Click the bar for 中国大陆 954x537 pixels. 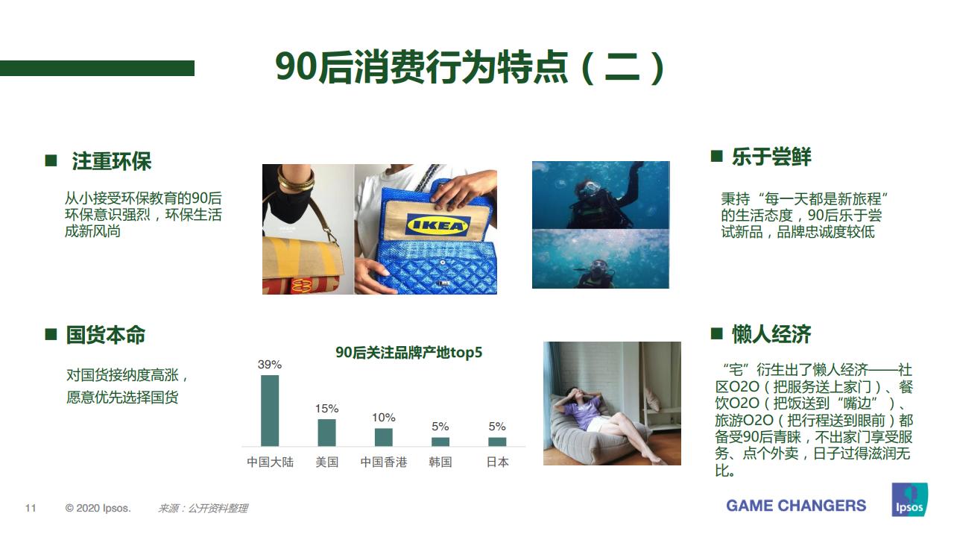point(270,410)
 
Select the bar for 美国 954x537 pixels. point(326,433)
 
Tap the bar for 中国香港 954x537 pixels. point(383,437)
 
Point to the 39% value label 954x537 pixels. point(270,365)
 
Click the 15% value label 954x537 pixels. point(326,409)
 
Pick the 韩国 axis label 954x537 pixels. point(440,462)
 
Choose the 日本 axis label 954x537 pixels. point(497,462)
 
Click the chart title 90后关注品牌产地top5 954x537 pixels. point(408,353)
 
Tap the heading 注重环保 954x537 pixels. point(112,161)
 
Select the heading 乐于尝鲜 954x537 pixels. point(771,157)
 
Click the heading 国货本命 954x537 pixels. point(106,335)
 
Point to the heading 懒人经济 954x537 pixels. point(771,334)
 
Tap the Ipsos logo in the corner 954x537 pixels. point(909,500)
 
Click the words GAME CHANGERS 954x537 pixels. point(796,506)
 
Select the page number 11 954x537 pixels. point(31,509)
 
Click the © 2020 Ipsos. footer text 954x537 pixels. point(98,509)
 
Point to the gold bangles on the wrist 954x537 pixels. point(296,180)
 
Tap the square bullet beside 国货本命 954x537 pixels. point(51,334)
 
